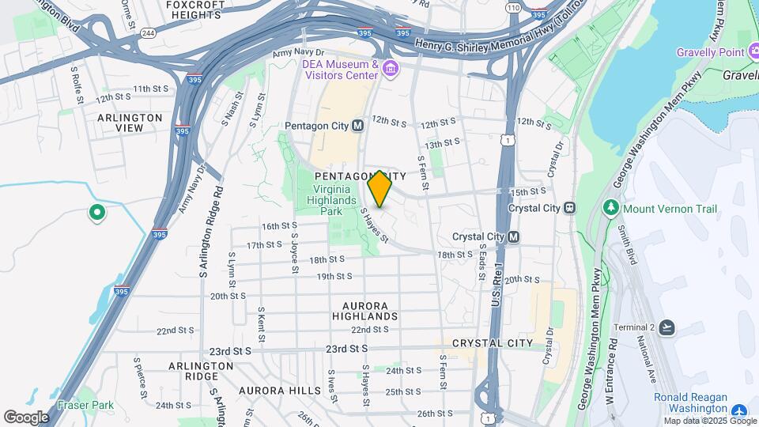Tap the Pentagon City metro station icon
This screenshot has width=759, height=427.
coord(357,126)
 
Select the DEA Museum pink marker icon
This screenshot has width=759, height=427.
coord(390,70)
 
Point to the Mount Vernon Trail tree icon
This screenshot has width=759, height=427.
coord(610,209)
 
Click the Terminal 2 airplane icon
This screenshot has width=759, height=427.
coord(668,327)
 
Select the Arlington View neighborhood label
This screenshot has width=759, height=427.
coord(130,123)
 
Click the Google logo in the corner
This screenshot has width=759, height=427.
coord(25,417)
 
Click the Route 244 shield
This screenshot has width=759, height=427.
coord(148,33)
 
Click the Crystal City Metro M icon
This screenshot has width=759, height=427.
coord(514,236)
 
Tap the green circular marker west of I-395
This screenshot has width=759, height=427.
coord(96,212)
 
